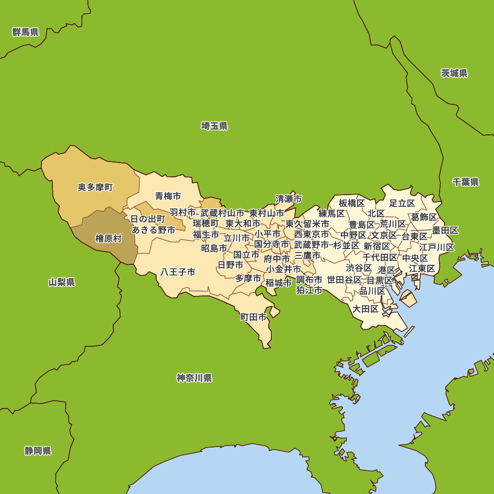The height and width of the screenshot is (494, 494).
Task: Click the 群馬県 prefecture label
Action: coord(26,33)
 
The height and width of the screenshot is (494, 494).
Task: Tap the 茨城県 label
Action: coord(454,74)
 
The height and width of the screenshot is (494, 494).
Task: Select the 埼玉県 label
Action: coord(214,126)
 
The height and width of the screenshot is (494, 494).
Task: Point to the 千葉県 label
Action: coord(466,182)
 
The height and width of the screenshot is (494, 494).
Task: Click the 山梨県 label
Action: coord(62,283)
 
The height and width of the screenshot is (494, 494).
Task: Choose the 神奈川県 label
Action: coord(194,378)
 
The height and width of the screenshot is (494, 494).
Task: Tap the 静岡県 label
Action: coord(38,451)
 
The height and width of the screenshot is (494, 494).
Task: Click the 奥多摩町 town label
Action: coord(95,188)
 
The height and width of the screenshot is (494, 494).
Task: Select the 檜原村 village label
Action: coord(108,239)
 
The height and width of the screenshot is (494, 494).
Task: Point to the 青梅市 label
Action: coord(168,196)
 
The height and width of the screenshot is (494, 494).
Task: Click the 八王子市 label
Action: coord(178,272)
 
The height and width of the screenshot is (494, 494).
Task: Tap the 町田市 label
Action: coord(253,317)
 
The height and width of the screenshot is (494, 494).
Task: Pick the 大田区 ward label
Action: coord(366,309)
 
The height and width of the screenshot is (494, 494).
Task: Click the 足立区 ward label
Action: coord(402,203)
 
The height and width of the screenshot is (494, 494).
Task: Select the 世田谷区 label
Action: coord(344,280)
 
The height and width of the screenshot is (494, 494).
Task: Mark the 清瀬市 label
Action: coord(288,199)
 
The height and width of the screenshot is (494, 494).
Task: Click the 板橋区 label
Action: coord(352,203)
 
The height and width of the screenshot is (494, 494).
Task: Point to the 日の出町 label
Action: coord(148,219)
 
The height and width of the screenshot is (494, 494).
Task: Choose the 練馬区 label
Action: coord(331,213)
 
